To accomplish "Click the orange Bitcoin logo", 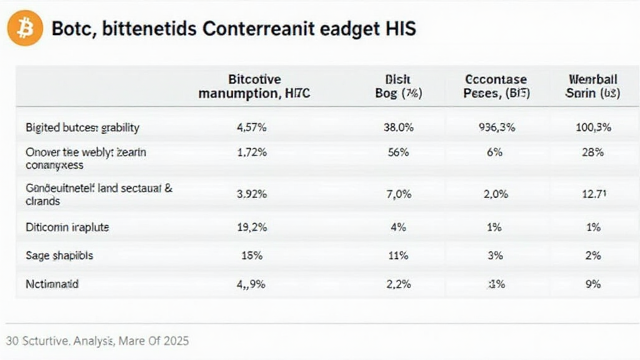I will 25,27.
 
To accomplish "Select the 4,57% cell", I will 252,127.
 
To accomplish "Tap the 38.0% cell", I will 397,127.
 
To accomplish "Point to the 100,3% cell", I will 592,127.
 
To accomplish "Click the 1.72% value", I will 252,152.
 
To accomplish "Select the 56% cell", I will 398,152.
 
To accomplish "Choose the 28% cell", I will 592,152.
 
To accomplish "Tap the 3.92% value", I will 252,194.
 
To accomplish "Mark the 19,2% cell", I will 252,227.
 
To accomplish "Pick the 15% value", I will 252,256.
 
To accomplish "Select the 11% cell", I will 398,256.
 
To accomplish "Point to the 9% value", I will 592,284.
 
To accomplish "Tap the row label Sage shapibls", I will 59,256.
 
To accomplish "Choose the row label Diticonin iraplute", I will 67,227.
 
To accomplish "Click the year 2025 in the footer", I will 175,341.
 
